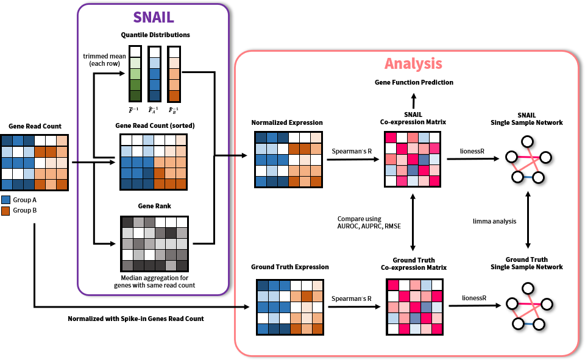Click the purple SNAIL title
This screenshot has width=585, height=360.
(153, 18)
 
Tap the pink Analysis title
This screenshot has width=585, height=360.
(413, 63)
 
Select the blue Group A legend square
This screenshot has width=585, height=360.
(5, 200)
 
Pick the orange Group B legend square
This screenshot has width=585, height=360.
(5, 211)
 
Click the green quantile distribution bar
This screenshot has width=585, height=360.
(135, 74)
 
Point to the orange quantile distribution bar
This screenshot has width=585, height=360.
(174, 74)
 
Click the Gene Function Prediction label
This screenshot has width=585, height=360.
(413, 82)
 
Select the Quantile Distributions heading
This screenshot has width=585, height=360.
(155, 35)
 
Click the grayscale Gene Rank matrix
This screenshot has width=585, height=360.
(155, 243)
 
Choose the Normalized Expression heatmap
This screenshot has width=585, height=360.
(288, 159)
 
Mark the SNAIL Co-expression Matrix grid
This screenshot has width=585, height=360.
(413, 159)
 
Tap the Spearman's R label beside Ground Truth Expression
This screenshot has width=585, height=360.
(352, 298)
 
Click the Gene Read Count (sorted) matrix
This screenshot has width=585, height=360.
(155, 161)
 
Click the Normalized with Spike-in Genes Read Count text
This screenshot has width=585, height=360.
(135, 319)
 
